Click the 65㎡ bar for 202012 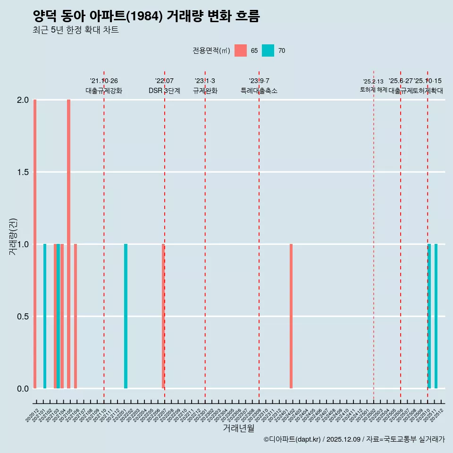click(x=35, y=244)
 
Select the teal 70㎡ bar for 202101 click(x=45, y=316)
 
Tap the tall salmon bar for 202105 click(x=68, y=244)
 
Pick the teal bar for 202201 click(x=126, y=316)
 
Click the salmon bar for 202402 click(x=291, y=316)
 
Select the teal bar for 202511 click(x=436, y=316)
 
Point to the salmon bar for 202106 click(x=75, y=316)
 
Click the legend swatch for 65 click(x=241, y=50)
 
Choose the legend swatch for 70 click(x=268, y=50)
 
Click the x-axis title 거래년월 click(x=238, y=428)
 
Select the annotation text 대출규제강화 click(x=104, y=91)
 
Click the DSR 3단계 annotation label click(x=164, y=91)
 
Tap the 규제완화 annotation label click(x=205, y=91)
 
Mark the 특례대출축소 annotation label click(x=259, y=91)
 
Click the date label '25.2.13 click(x=373, y=82)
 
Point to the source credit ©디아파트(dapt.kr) click(x=293, y=439)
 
